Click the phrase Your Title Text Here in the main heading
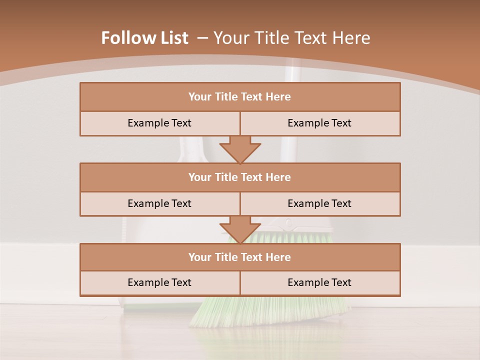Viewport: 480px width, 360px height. tap(292, 38)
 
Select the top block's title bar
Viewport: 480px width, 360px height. tap(240, 97)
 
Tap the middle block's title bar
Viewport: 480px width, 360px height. tap(240, 177)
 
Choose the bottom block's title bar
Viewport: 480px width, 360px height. tap(240, 257)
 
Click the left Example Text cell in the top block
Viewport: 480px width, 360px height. tap(159, 123)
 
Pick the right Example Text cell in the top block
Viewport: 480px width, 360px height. tap(319, 123)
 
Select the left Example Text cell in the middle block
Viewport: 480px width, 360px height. tap(159, 203)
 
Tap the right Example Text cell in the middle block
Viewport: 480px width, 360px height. tap(319, 203)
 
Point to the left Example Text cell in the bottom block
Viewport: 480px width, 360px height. tap(159, 282)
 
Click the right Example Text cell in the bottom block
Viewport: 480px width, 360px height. tap(319, 282)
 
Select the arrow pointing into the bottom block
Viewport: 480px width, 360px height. tap(240, 229)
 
